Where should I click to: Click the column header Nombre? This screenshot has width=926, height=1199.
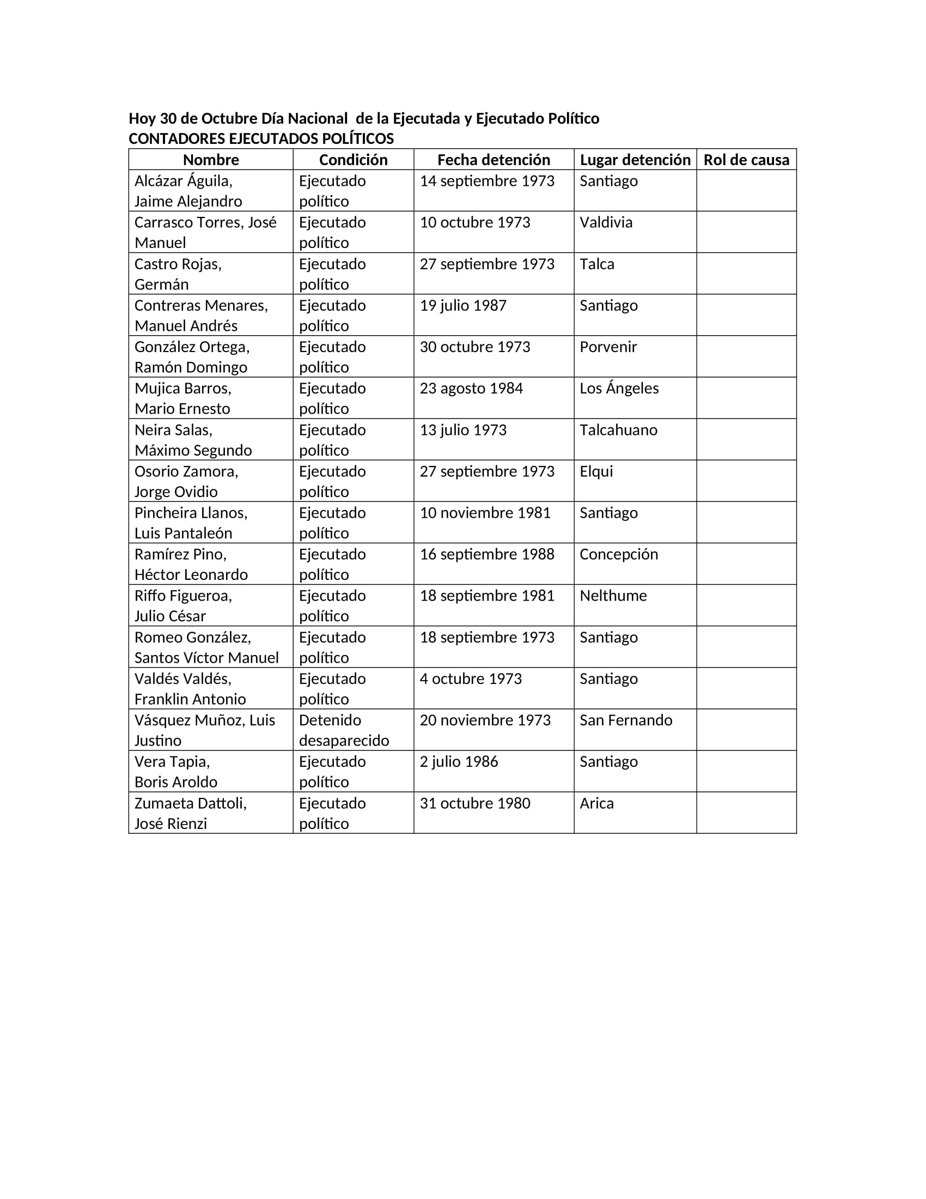(211, 160)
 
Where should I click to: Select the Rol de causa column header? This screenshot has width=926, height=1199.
(746, 160)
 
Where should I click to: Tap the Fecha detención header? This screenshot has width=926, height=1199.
(493, 160)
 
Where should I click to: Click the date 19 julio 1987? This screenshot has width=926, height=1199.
(463, 305)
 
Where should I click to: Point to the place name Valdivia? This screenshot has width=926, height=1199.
(606, 222)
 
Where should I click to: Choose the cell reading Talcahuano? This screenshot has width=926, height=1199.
(618, 430)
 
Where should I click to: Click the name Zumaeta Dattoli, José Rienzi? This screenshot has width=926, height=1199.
(190, 813)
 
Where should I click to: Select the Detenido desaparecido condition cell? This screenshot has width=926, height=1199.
(343, 730)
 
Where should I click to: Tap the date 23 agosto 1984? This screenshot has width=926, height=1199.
(471, 388)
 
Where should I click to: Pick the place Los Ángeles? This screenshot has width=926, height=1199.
(619, 388)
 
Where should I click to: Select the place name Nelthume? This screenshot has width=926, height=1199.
(613, 596)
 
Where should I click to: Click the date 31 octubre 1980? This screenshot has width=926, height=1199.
(474, 803)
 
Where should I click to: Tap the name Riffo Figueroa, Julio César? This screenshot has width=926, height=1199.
(183, 605)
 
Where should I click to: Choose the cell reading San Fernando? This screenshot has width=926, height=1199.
(625, 720)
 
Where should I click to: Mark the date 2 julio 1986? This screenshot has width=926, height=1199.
(459, 761)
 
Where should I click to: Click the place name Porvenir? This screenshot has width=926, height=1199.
(608, 347)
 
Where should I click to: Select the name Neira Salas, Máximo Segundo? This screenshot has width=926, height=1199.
(193, 440)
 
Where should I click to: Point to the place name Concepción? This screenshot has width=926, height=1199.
(618, 554)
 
